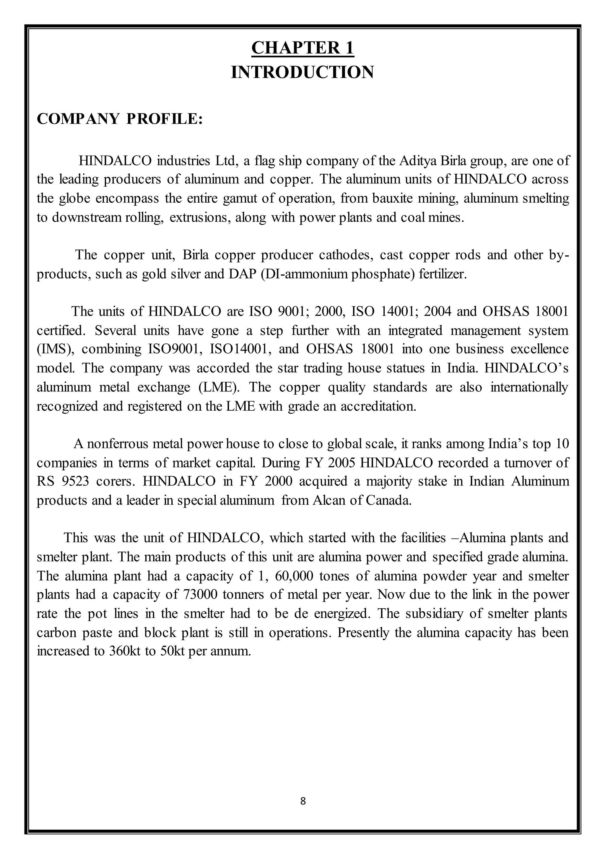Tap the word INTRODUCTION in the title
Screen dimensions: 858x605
302,72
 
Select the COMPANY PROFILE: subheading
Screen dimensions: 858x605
119,119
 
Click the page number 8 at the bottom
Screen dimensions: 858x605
303,801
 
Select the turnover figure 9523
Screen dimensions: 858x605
75,481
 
